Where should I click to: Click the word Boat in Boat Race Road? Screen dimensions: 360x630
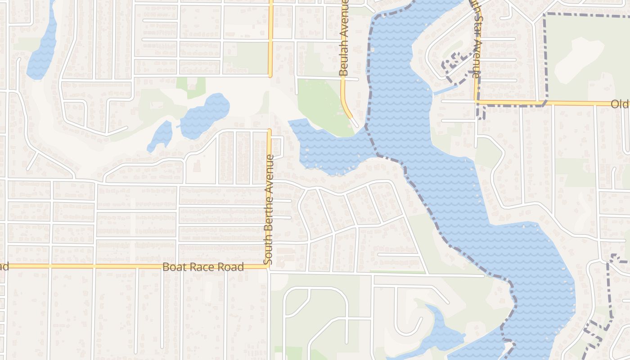[x=173, y=267]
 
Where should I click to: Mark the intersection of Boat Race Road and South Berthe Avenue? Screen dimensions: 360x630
[x=269, y=267]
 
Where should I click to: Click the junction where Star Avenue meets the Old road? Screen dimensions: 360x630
[x=477, y=103]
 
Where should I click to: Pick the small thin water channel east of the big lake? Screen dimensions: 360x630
[x=445, y=90]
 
